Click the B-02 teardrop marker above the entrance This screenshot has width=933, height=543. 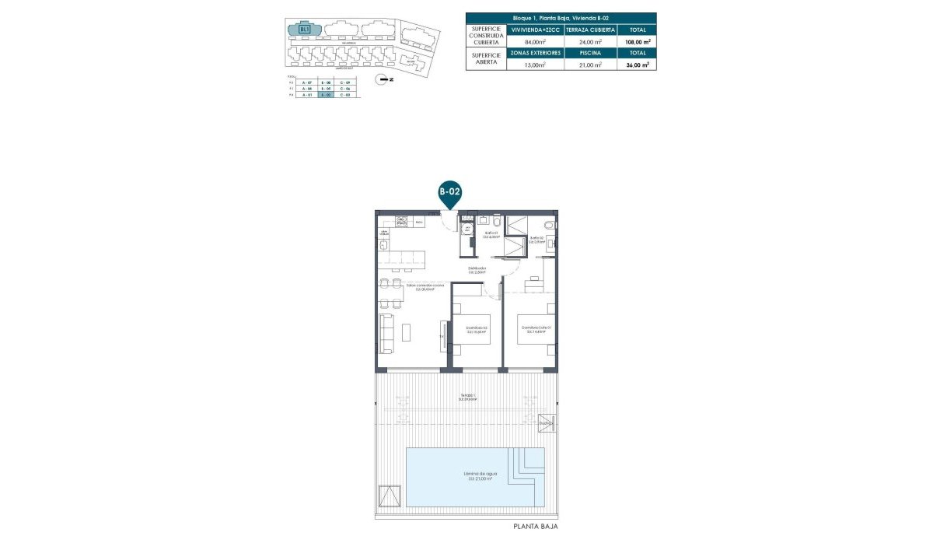point(449,191)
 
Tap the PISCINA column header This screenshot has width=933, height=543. point(591,53)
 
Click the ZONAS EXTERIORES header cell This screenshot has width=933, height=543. point(535,53)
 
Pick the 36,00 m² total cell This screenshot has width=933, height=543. point(638,65)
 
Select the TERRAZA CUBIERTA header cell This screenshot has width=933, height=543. point(591,30)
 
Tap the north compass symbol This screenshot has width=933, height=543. point(381,79)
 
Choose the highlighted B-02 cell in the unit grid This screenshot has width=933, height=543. point(326,95)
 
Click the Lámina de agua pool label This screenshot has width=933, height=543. point(480,475)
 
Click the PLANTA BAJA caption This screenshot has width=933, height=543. point(536,527)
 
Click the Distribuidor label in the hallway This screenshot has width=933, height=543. point(477,270)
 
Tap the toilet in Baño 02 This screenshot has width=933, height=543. point(549,226)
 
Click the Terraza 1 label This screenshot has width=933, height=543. point(467,398)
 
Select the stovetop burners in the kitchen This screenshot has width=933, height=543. point(401,222)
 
